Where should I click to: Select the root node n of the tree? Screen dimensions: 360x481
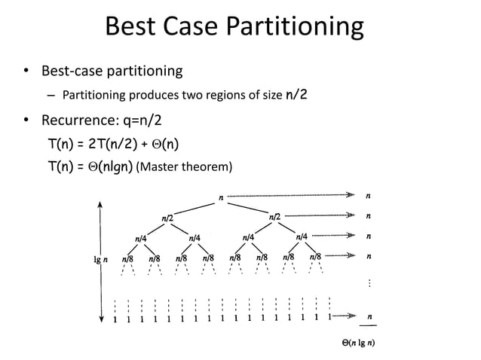[x=220, y=197]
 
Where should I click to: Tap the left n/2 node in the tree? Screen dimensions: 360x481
[x=167, y=218]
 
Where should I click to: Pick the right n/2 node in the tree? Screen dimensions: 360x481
[x=275, y=218]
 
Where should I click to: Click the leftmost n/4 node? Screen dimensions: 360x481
[x=141, y=238]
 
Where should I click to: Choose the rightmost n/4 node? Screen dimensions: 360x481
[x=303, y=237]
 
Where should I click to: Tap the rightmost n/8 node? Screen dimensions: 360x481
[x=317, y=258]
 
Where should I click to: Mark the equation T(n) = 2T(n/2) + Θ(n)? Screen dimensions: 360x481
[x=113, y=143]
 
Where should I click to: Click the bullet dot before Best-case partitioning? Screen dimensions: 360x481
[x=26, y=72]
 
